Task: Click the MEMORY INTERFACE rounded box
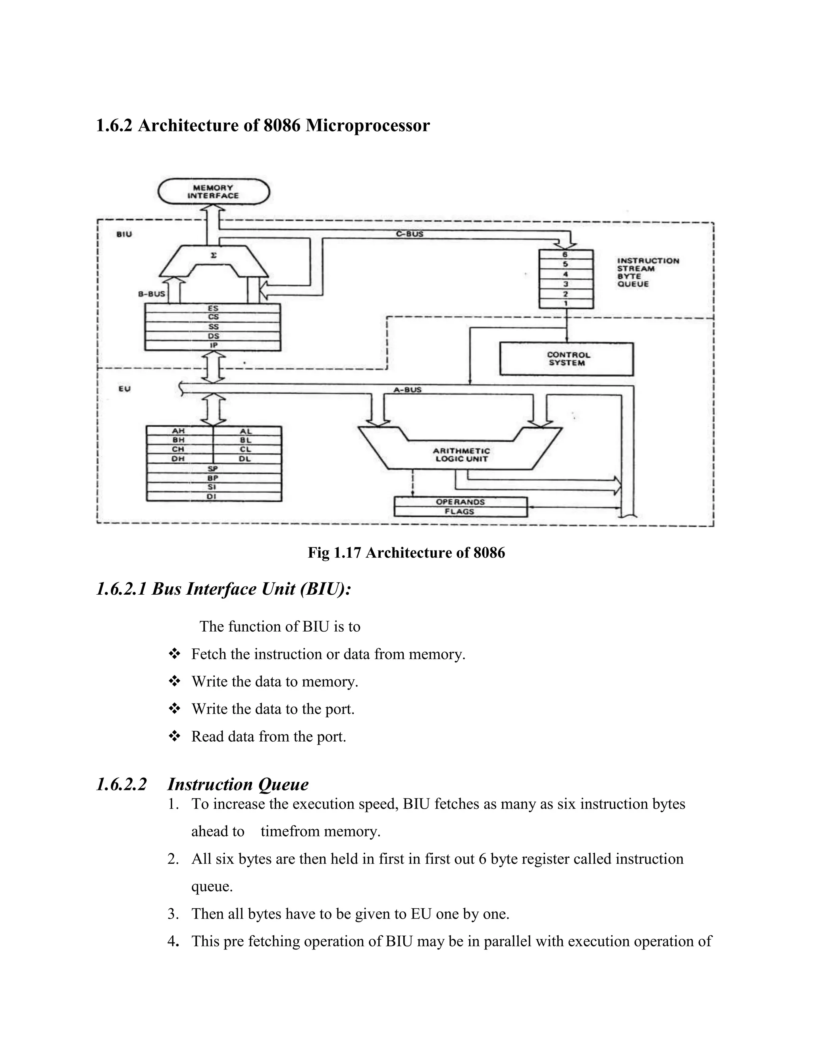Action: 213,192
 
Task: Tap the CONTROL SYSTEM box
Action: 566,359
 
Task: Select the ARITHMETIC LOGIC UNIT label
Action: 461,455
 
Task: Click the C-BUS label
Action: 409,234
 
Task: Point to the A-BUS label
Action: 407,390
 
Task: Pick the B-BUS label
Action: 152,294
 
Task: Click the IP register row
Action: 213,345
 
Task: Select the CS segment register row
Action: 213,317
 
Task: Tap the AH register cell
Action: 179,431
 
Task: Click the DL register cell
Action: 245,459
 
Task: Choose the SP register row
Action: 213,468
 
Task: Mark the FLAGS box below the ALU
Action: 460,512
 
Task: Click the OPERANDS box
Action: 460,502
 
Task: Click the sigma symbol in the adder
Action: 213,256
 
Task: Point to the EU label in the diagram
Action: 125,388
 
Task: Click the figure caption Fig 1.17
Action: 406,553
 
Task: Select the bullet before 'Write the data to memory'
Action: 174,681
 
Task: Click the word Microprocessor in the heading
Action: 368,126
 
